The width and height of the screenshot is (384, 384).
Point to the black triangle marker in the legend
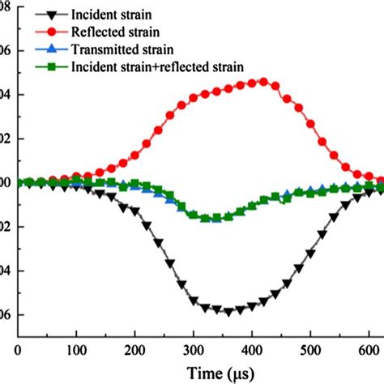coord(53,15)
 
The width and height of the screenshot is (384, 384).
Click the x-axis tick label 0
coord(18,349)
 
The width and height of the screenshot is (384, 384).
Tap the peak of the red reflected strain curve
coord(261,82)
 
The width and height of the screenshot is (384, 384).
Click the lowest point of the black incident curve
coord(228,311)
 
